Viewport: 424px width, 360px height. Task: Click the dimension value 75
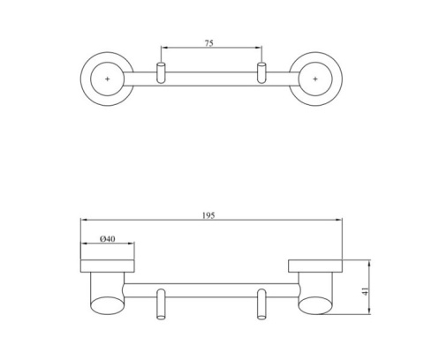(x=208, y=43)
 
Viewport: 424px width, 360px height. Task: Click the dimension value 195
(x=208, y=215)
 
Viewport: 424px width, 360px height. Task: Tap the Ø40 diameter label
(x=108, y=238)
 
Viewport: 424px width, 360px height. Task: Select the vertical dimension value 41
(x=365, y=291)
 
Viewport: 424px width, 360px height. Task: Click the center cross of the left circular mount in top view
(x=108, y=79)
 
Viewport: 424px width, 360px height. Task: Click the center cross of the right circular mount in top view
(x=315, y=79)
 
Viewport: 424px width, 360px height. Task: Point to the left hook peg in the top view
(x=161, y=72)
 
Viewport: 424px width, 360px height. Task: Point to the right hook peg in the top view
(x=261, y=72)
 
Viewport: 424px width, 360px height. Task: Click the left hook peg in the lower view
(x=161, y=304)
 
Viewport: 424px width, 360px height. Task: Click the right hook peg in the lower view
(x=261, y=304)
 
